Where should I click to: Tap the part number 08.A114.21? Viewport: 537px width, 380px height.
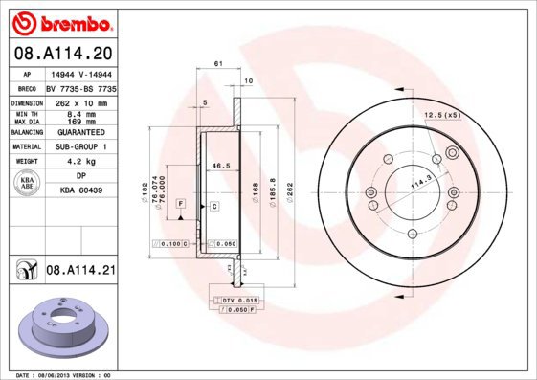pyautogui.click(x=81, y=271)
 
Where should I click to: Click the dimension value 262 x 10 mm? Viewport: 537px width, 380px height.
pyautogui.click(x=80, y=101)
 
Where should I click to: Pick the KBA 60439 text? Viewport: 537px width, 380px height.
pyautogui.click(x=80, y=190)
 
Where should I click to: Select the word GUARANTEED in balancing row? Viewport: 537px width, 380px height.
pyautogui.click(x=80, y=132)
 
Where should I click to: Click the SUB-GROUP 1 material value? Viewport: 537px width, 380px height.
pyautogui.click(x=80, y=146)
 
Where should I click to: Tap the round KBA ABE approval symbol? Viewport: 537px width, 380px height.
pyautogui.click(x=28, y=184)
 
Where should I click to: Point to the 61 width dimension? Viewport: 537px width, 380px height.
pyautogui.click(x=218, y=63)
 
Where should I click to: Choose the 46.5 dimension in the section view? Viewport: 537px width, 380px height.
pyautogui.click(x=221, y=166)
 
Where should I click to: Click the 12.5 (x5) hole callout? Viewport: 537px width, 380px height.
pyautogui.click(x=441, y=115)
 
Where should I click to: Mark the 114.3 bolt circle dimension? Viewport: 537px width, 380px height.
pyautogui.click(x=418, y=180)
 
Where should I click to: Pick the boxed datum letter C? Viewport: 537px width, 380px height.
pyautogui.click(x=214, y=206)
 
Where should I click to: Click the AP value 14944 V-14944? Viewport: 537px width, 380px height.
pyautogui.click(x=80, y=73)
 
